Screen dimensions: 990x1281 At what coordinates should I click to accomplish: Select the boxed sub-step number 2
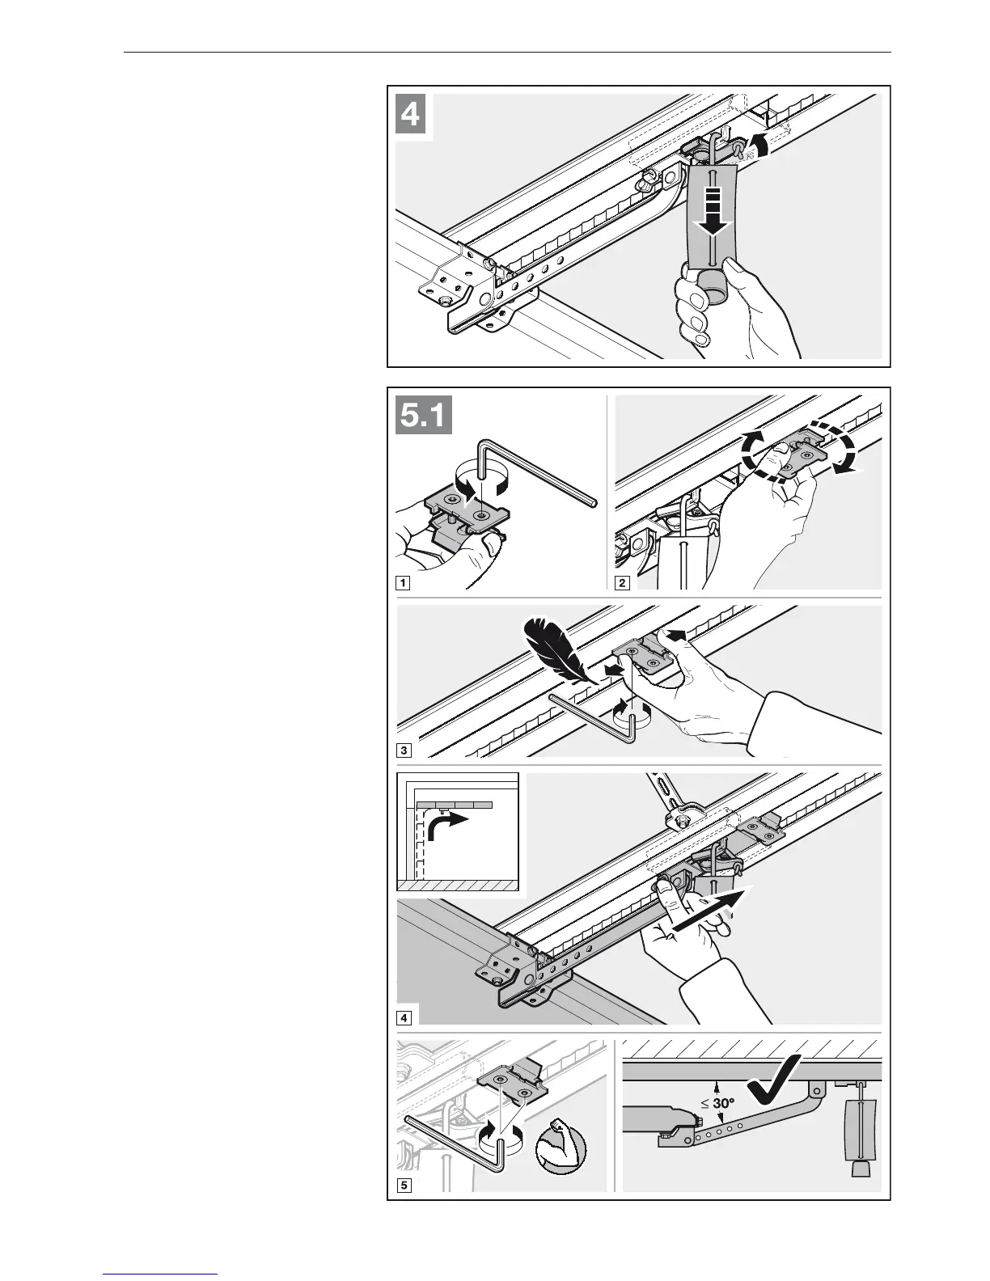623,582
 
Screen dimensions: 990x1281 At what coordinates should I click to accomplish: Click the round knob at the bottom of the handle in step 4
713,283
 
